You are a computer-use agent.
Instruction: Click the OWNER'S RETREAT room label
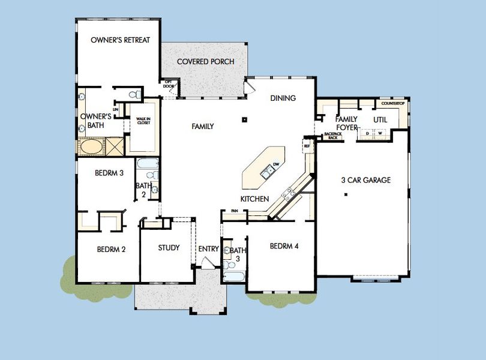pyautogui.click(x=120, y=40)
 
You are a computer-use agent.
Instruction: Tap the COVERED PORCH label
pyautogui.click(x=205, y=62)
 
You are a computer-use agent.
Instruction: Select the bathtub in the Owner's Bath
pyautogui.click(x=91, y=146)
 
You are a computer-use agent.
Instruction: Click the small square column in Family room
pyautogui.click(x=245, y=119)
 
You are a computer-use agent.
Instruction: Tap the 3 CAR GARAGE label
pyautogui.click(x=365, y=180)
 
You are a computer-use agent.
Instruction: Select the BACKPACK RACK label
pyautogui.click(x=332, y=136)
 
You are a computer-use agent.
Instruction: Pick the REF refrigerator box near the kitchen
pyautogui.click(x=307, y=146)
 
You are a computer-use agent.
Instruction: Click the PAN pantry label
pyautogui.click(x=234, y=211)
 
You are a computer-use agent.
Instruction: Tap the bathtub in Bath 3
pyautogui.click(x=233, y=277)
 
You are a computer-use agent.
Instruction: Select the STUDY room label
pyautogui.click(x=169, y=248)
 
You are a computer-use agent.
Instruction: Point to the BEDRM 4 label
pyautogui.click(x=284, y=246)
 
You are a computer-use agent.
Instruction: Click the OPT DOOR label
pyautogui.click(x=169, y=83)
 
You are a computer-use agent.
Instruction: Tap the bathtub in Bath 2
pyautogui.click(x=147, y=164)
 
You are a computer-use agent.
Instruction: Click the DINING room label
pyautogui.click(x=283, y=98)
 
